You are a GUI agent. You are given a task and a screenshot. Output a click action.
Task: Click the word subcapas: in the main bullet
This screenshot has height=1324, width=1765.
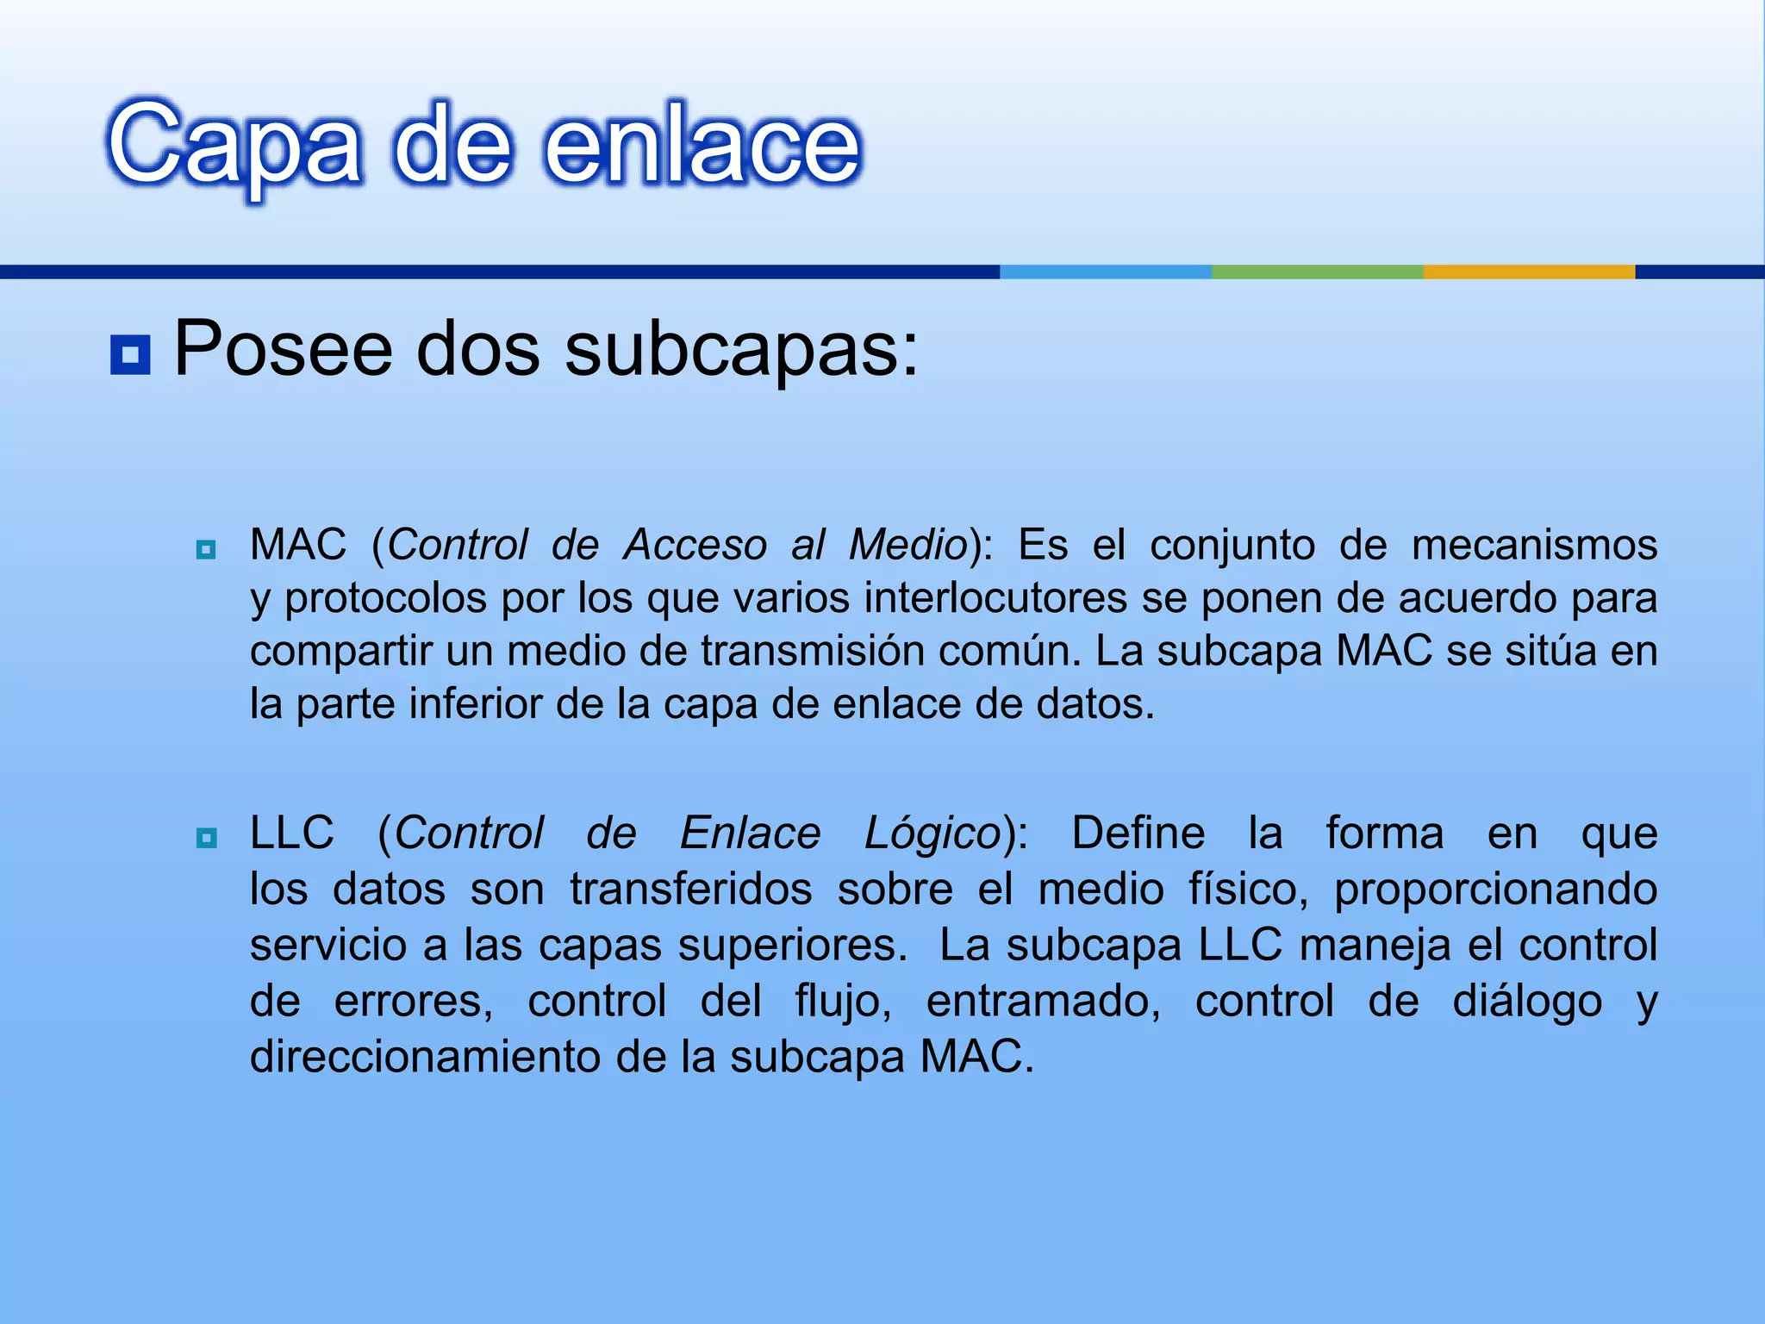(742, 350)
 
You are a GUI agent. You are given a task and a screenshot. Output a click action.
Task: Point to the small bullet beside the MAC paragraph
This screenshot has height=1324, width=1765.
(206, 549)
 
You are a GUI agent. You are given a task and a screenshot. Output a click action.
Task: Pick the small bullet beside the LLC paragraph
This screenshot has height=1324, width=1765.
(206, 837)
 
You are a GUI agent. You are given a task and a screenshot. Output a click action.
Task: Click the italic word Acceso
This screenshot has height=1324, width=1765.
(695, 545)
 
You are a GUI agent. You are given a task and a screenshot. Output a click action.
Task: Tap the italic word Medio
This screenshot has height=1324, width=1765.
(908, 545)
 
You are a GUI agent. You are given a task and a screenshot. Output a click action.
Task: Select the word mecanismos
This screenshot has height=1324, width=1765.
(1534, 545)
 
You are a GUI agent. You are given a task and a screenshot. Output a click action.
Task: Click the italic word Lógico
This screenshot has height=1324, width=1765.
(932, 834)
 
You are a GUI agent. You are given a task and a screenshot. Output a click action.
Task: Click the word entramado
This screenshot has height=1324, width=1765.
(1043, 1001)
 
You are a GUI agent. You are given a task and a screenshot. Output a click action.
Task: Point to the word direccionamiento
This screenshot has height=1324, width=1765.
(425, 1057)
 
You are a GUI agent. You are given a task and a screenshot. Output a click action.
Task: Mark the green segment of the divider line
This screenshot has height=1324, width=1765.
(1317, 272)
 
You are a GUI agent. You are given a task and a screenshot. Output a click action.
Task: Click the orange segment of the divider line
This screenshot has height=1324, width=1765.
(1529, 272)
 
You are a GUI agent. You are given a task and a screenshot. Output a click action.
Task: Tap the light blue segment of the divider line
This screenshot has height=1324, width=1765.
(1105, 272)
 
